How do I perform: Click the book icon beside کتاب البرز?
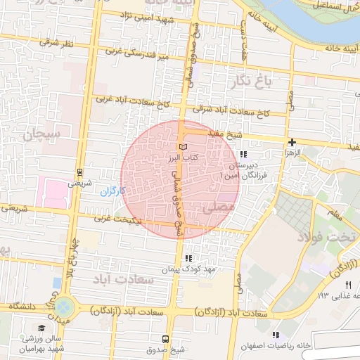(184, 146)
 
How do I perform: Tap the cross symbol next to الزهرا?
(292, 141)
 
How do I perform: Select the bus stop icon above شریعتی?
(79, 172)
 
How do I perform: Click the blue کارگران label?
(112, 191)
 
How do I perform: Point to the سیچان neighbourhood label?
(43, 133)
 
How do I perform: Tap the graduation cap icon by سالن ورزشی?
(42, 328)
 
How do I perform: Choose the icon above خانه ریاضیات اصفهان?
(276, 335)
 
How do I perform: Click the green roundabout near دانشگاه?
(65, 307)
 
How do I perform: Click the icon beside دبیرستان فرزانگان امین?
(243, 154)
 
